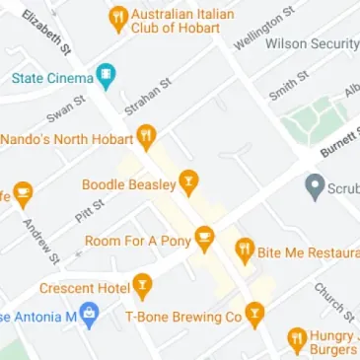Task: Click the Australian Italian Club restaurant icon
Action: coord(118,17)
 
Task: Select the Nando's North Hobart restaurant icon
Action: coord(147,135)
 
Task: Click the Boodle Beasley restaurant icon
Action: coord(187,181)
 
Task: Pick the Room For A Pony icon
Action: coord(204,238)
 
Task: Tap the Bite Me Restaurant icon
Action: coord(245,251)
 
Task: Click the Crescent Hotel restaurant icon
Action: coord(144,287)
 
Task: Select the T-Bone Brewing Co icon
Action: coord(255,316)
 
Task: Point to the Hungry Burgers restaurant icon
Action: coord(296,340)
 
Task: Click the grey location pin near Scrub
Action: coord(315,184)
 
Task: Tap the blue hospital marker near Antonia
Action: coord(90,317)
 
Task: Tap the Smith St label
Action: coord(283,86)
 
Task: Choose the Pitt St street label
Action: coord(89,207)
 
